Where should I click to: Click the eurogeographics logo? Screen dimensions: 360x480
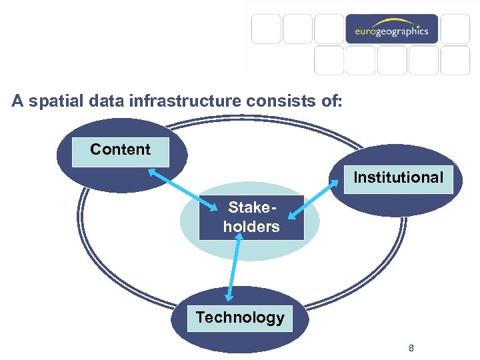coord(391,29)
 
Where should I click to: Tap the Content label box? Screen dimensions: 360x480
coord(121,149)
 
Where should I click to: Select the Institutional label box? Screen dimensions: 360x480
coord(398,177)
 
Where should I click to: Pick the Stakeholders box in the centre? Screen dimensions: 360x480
coord(251,217)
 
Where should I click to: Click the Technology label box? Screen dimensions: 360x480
coord(240,317)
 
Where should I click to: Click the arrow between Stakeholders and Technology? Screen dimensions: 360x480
coord(234,267)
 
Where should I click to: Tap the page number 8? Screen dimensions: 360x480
coord(411,348)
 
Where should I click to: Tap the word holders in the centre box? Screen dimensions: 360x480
coord(251,227)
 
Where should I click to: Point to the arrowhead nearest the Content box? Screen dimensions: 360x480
coord(152,171)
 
